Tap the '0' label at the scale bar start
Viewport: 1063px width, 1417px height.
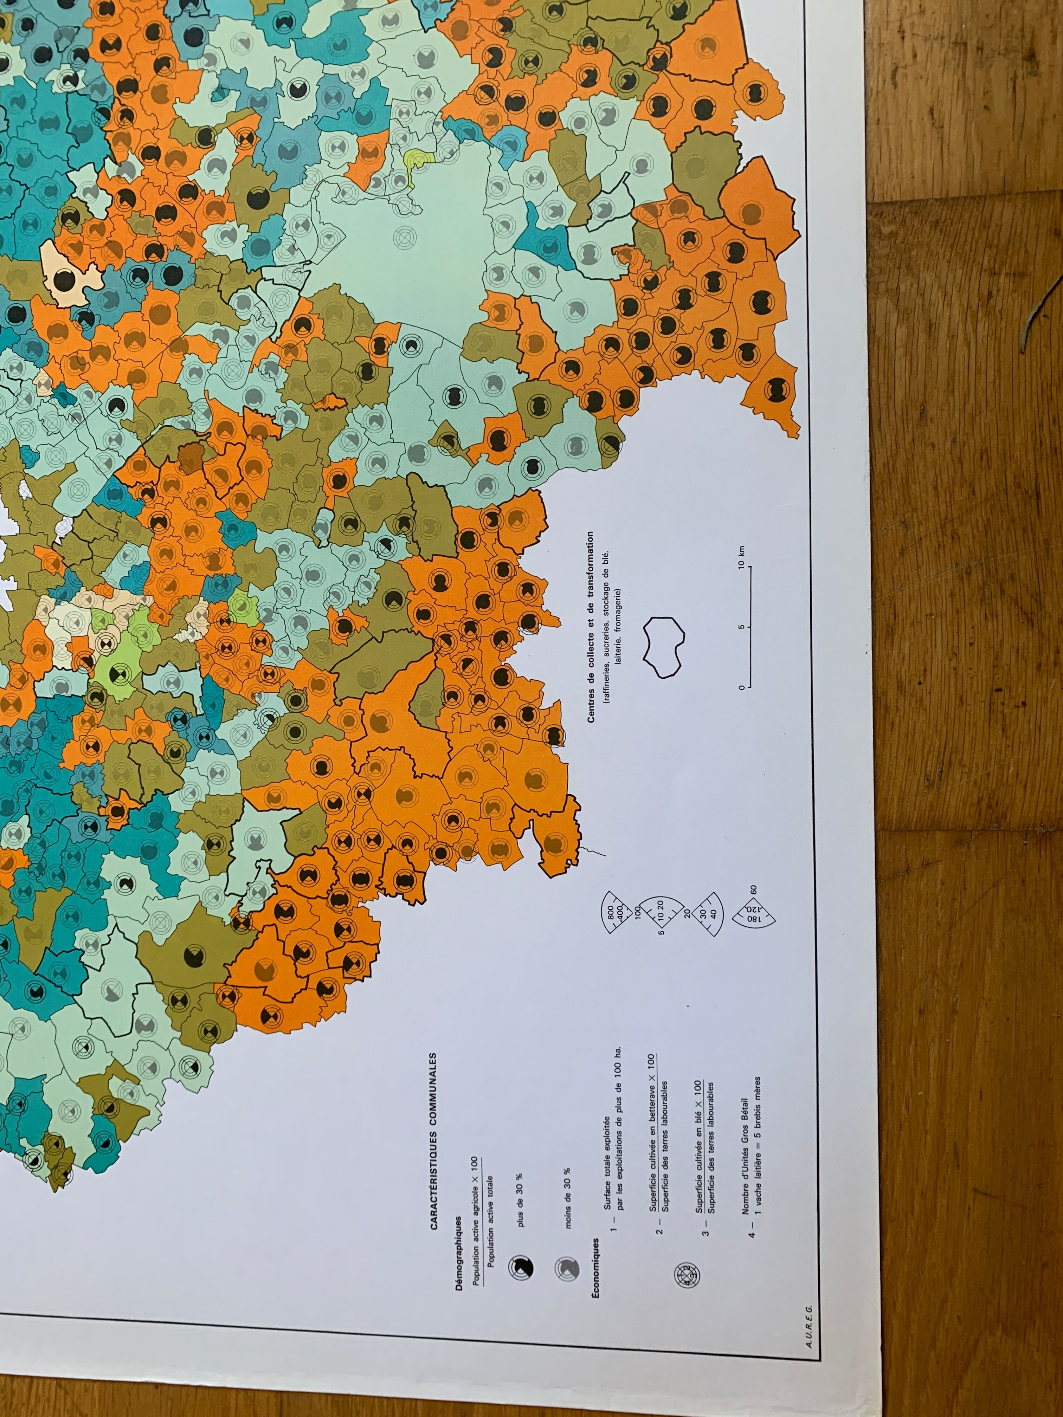tap(741, 687)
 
